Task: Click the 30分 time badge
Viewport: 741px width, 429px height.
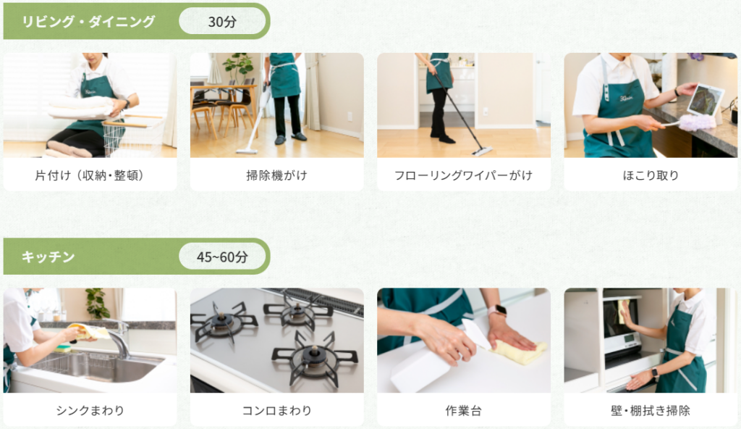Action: [222, 21]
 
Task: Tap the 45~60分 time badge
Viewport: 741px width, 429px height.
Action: [222, 257]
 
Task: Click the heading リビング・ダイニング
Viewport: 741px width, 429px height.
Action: [88, 21]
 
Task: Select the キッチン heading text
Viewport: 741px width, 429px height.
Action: [48, 257]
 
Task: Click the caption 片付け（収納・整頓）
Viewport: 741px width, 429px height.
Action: [90, 175]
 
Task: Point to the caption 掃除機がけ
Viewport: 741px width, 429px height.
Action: [277, 175]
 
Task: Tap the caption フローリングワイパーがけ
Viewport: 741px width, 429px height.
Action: [464, 175]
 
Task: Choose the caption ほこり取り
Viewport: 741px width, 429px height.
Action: [651, 175]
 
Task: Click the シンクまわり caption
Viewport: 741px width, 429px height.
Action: [90, 410]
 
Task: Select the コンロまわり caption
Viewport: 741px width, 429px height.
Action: [277, 410]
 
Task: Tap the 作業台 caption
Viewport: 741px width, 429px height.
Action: [464, 410]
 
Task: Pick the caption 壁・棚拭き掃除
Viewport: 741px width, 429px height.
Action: [651, 410]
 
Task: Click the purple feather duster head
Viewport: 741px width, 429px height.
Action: [697, 122]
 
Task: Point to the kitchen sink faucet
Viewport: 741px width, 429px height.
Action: [118, 337]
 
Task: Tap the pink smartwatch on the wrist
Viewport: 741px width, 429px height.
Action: [496, 311]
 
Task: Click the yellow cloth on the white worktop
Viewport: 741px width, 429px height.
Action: [519, 351]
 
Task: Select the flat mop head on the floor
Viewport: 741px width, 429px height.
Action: [481, 151]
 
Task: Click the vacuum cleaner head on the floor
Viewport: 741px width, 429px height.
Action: [247, 151]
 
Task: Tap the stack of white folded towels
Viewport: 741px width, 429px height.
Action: [80, 107]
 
